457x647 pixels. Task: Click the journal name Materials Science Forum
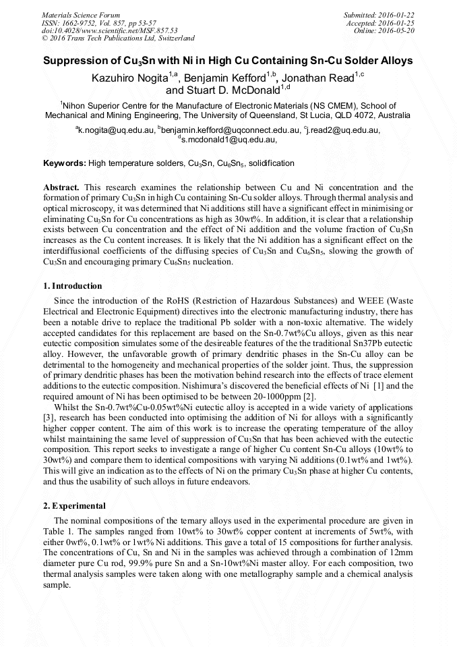tap(81, 14)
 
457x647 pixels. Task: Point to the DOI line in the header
tap(109, 30)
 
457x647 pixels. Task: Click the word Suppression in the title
tap(75, 61)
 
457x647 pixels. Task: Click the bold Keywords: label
tap(64, 164)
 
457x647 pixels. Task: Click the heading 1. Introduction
tap(73, 286)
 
